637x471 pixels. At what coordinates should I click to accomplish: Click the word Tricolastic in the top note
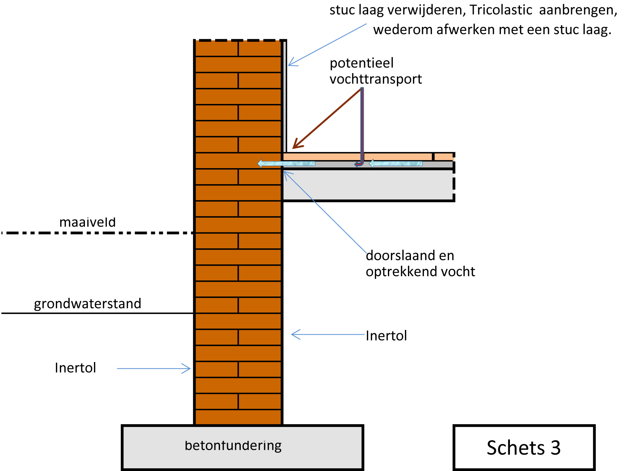pos(501,10)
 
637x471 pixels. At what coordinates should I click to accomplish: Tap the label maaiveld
pos(87,222)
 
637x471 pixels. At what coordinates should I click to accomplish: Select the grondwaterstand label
pos(88,304)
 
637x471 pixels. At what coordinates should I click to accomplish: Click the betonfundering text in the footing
pos(233,446)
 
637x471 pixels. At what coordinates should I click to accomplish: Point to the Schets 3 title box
pos(524,448)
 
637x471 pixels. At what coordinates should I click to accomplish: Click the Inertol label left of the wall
pos(76,368)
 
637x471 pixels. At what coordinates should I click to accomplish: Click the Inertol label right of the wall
pos(386,336)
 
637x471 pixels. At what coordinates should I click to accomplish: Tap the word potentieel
pos(361,63)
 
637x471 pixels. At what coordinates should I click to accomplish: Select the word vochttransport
pos(376,79)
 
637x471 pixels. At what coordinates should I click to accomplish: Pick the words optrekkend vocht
pos(420,272)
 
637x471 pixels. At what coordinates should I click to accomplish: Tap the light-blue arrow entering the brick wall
pos(286,163)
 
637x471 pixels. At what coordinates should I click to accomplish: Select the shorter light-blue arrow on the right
pos(396,163)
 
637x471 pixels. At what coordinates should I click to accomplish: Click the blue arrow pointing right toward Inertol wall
pos(154,368)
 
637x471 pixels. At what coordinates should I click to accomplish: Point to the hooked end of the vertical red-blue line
pos(358,164)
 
